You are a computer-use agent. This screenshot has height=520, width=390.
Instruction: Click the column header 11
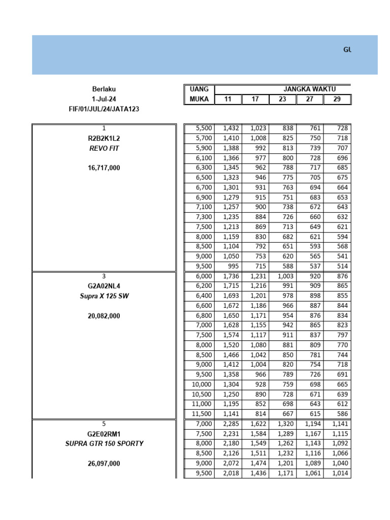[228, 99]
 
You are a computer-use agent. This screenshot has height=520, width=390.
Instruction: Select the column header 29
[337, 99]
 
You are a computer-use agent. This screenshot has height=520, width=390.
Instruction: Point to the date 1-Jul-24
[104, 99]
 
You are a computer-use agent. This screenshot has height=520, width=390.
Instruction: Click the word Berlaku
[104, 89]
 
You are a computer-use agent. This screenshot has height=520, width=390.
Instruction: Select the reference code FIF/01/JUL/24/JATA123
[104, 109]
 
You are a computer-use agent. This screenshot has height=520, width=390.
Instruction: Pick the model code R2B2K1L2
[104, 138]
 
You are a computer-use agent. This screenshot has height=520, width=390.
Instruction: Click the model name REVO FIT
[104, 148]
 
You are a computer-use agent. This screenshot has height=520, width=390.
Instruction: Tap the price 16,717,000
[104, 168]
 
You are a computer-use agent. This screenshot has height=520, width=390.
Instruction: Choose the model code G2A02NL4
[104, 286]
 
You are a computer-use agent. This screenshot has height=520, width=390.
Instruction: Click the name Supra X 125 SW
[104, 296]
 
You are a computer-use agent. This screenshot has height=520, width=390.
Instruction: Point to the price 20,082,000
[104, 315]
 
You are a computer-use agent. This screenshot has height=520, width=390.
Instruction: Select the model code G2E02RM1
[104, 434]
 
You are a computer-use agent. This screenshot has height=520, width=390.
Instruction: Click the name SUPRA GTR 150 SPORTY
[104, 443]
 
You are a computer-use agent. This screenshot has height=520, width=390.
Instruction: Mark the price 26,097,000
[104, 463]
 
